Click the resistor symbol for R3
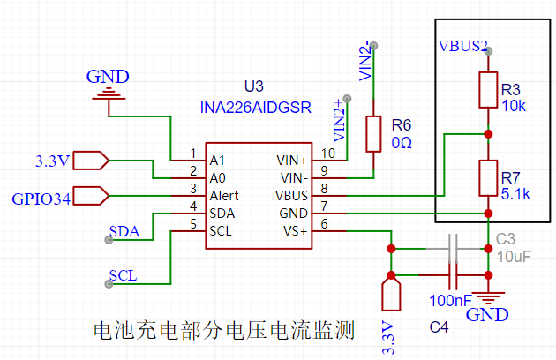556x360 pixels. coord(488,90)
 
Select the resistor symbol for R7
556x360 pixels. coord(488,178)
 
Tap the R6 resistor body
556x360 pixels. coord(373,134)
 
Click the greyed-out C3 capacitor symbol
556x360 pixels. coord(453,248)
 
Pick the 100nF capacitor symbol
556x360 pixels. coord(453,275)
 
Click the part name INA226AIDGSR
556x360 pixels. coord(256,108)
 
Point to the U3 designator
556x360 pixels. coord(254,86)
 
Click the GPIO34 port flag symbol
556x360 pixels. coord(91,196)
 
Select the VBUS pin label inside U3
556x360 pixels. coord(291,196)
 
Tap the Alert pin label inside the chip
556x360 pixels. coord(224,196)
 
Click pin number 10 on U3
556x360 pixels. coord(328,154)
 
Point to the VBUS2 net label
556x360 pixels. coord(462,46)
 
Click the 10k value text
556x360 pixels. coord(514,106)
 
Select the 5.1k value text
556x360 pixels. coord(515,194)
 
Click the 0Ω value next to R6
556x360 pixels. coord(402,143)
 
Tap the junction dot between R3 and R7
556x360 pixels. coord(488,134)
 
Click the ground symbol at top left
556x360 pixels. coord(109,94)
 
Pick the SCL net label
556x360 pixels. coord(123,275)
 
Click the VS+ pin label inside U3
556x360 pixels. coord(295,231)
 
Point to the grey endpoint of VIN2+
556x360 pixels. coord(348,99)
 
